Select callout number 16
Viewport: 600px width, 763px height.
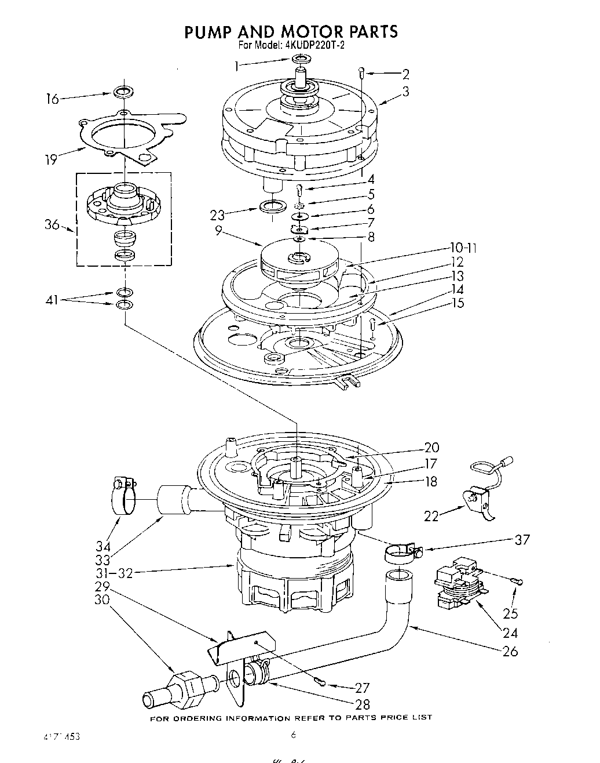click(x=53, y=99)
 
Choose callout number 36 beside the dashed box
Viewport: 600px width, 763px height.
click(x=53, y=224)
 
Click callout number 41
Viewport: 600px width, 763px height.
click(x=53, y=300)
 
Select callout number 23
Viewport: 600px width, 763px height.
click(x=218, y=215)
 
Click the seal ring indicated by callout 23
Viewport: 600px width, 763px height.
click(x=272, y=206)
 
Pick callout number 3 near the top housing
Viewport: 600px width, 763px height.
click(x=406, y=91)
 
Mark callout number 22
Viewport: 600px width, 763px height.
click(x=431, y=515)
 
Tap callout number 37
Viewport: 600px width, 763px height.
click(x=522, y=539)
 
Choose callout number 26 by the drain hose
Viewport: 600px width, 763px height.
click(x=510, y=651)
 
